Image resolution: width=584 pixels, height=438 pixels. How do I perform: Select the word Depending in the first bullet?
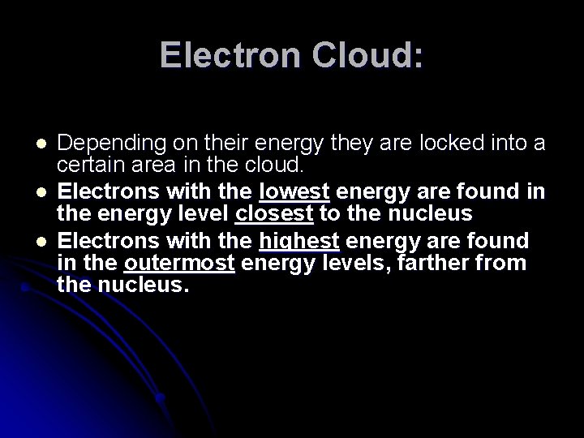point(105,144)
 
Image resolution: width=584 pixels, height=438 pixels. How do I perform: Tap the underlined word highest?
point(298,241)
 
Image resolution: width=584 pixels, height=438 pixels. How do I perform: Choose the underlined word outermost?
point(179,264)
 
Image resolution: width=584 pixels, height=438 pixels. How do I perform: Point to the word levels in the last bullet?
point(358,264)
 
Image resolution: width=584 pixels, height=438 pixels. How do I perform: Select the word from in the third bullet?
point(505,264)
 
